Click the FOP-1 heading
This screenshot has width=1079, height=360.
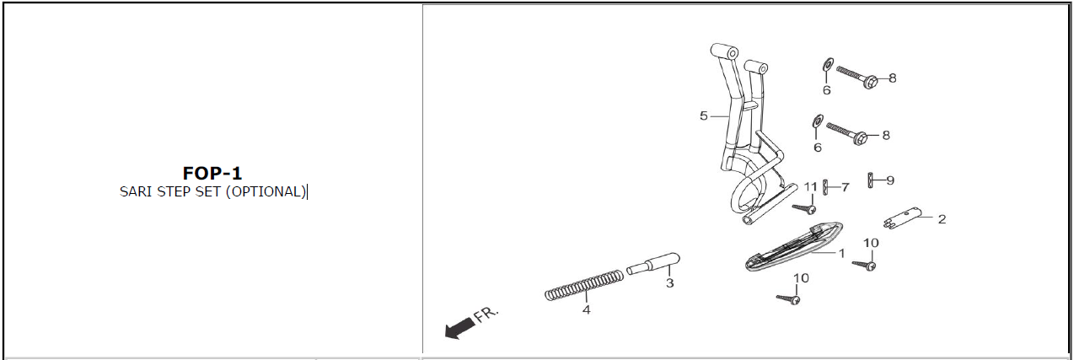click(x=212, y=173)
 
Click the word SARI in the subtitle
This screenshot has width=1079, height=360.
click(x=136, y=192)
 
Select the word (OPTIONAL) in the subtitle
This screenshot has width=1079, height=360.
click(x=266, y=192)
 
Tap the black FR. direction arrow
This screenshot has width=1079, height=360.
click(x=459, y=328)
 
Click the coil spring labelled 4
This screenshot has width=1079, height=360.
click(x=584, y=285)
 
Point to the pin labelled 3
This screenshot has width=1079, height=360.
click(x=653, y=264)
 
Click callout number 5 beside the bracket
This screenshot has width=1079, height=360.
click(x=704, y=116)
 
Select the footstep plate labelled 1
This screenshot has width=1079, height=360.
click(x=794, y=246)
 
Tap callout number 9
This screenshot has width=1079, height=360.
click(x=890, y=180)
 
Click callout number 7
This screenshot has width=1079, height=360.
click(x=845, y=187)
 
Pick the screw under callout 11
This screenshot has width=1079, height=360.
click(x=804, y=208)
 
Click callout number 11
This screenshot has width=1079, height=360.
click(x=811, y=186)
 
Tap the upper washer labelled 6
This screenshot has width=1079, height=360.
click(x=828, y=64)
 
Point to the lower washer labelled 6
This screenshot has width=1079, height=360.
click(x=818, y=121)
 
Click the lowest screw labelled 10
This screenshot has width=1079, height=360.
click(x=788, y=299)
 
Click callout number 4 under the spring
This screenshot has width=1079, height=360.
click(x=586, y=310)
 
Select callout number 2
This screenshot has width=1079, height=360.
click(x=942, y=219)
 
